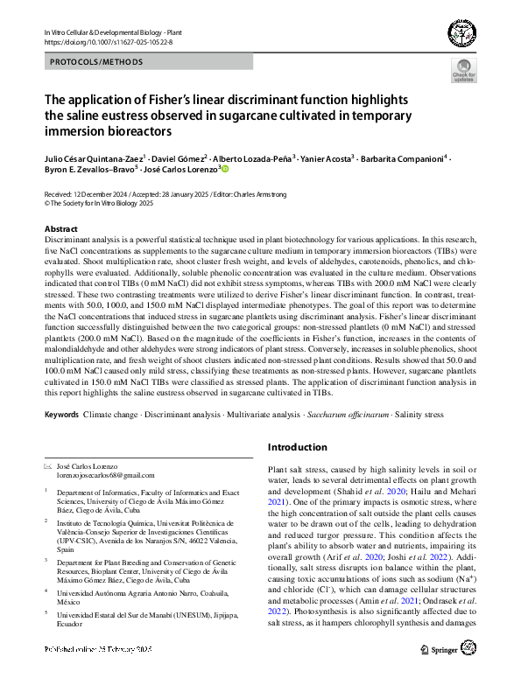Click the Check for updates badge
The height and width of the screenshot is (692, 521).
coord(464,71)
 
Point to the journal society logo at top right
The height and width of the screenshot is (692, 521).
coord(461,34)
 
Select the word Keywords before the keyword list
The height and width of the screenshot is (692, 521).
coord(61,412)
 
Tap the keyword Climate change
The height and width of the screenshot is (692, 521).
coord(111,412)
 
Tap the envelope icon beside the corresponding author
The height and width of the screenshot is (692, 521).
coord(47,466)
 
